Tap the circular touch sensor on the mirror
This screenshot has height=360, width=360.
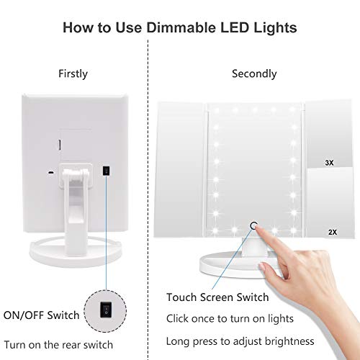click(254, 225)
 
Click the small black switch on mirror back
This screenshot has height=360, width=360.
click(106, 171)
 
